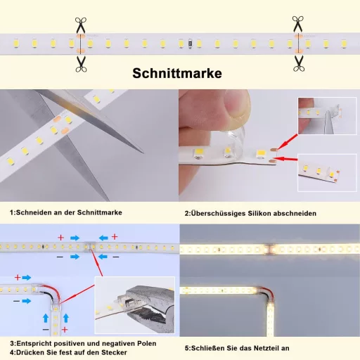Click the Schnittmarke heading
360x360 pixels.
click(x=180, y=74)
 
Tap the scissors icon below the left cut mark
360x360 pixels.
click(x=79, y=63)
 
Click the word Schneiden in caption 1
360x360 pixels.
click(x=37, y=212)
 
